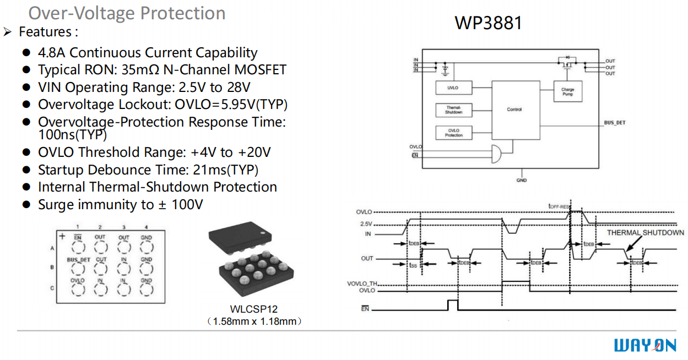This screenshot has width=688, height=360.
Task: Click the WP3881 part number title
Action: pyautogui.click(x=488, y=23)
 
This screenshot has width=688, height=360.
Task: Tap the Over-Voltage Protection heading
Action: pyautogui.click(x=127, y=13)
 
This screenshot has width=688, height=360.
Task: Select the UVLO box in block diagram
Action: pyautogui.click(x=452, y=88)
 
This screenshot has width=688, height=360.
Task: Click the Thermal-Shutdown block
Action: pyautogui.click(x=453, y=110)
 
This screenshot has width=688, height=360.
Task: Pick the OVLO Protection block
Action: pyautogui.click(x=453, y=133)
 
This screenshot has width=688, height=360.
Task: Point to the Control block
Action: pyautogui.click(x=514, y=110)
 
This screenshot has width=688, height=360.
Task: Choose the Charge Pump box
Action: pyautogui.click(x=567, y=92)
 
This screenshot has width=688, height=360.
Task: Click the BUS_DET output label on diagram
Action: pyautogui.click(x=614, y=123)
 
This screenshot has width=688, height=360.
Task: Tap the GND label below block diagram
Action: pyautogui.click(x=521, y=180)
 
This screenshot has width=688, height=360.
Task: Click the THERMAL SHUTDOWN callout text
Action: pyautogui.click(x=645, y=233)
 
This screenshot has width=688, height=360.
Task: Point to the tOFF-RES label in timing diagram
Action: pyautogui.click(x=559, y=206)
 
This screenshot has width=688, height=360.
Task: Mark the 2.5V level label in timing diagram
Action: pyautogui.click(x=366, y=224)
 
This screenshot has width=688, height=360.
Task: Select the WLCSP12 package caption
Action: pyautogui.click(x=253, y=309)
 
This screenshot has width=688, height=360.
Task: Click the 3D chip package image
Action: pyautogui.click(x=251, y=259)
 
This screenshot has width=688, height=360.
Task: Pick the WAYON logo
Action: pyautogui.click(x=644, y=345)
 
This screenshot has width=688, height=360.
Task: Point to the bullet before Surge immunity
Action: pyautogui.click(x=26, y=205)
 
